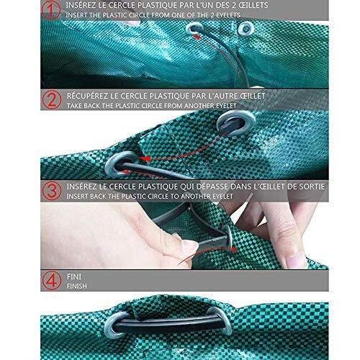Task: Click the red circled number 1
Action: (x=52, y=9)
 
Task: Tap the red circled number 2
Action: (x=52, y=99)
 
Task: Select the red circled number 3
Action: (x=52, y=190)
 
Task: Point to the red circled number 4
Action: (x=52, y=280)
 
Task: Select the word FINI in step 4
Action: (x=74, y=276)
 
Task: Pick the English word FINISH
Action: (x=77, y=286)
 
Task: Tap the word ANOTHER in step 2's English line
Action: (x=198, y=106)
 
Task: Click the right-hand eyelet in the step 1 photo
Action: (x=246, y=29)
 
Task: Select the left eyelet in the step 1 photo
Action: (x=195, y=28)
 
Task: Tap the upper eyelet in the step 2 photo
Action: (x=235, y=123)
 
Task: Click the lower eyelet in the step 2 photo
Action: (x=121, y=164)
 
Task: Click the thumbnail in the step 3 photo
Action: (x=190, y=246)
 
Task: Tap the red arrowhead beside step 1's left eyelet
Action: (x=197, y=37)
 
